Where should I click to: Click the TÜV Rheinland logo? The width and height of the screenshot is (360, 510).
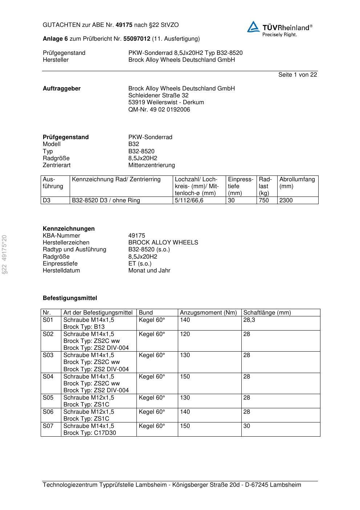tap(279, 29)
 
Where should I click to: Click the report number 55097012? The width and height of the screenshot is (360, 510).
tap(136, 39)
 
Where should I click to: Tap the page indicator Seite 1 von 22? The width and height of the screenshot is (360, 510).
tap(298, 75)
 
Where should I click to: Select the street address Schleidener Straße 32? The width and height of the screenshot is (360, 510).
tap(158, 96)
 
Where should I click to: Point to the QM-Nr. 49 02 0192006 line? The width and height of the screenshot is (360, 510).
tap(159, 110)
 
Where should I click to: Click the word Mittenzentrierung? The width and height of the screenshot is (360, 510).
tap(151, 165)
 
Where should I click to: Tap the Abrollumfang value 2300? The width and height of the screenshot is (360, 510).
tap(286, 201)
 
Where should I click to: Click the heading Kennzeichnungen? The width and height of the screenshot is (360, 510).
tap(69, 229)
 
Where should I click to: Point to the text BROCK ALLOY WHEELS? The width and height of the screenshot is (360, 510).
tap(163, 243)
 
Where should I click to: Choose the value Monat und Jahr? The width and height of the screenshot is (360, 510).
tap(149, 271)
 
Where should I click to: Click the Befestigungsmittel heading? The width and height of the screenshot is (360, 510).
tap(70, 298)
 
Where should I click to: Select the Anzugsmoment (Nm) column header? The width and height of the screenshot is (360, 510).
tap(208, 313)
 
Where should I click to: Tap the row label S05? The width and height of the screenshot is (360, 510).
tap(48, 398)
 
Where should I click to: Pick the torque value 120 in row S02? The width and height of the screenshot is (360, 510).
tap(185, 334)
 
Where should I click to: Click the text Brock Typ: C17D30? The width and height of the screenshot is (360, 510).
tap(90, 433)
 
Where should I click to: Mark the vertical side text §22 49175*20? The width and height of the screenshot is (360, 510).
tap(5, 254)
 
